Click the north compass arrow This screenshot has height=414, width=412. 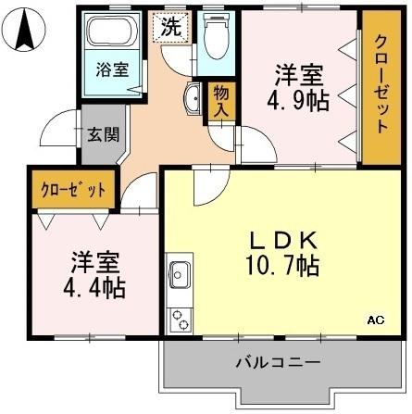click(26, 31)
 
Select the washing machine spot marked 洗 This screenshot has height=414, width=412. click(171, 27)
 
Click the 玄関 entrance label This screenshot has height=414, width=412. click(103, 133)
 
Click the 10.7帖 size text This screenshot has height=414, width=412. click(284, 267)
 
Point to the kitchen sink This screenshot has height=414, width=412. click(179, 276)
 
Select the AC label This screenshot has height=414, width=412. click(375, 320)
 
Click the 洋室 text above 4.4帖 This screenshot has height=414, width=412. click(95, 260)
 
